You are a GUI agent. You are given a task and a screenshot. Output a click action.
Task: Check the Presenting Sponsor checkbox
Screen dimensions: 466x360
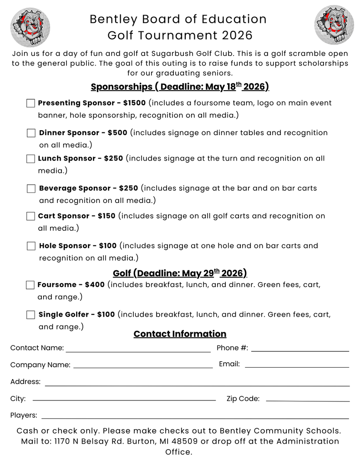click(30, 103)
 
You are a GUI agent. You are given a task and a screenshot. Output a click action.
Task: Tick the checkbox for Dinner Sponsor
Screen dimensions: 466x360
click(31, 133)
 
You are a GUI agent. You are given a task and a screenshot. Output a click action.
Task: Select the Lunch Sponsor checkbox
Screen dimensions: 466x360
click(30, 159)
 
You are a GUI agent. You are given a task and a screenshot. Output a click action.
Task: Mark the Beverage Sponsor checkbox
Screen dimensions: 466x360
click(31, 188)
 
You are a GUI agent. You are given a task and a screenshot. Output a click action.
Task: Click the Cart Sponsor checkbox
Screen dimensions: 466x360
click(30, 216)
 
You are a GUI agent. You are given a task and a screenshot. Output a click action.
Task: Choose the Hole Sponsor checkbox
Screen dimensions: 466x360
click(31, 246)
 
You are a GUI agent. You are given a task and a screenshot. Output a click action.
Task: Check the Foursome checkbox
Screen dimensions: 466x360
click(30, 285)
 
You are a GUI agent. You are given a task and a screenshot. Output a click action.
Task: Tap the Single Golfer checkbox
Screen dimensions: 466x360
click(30, 314)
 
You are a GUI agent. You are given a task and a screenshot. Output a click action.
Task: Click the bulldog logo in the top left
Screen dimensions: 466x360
click(30, 26)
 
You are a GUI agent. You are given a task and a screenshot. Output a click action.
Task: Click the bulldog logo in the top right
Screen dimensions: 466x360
click(334, 25)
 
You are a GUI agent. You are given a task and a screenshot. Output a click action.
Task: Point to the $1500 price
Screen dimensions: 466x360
click(134, 103)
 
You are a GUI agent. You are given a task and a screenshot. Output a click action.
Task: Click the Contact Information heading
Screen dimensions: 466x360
click(180, 334)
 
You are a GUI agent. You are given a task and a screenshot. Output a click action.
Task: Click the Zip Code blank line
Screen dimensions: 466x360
click(308, 400)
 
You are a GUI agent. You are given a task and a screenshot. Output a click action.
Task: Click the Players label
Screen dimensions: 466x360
click(24, 415)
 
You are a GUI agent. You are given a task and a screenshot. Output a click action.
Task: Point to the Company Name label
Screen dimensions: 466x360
click(40, 365)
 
